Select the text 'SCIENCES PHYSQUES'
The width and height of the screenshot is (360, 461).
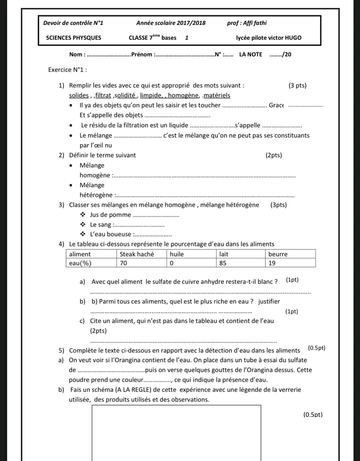pos(73,37)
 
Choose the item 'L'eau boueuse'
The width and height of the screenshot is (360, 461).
pos(110,234)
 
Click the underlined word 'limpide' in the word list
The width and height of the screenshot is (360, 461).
pos(150,95)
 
